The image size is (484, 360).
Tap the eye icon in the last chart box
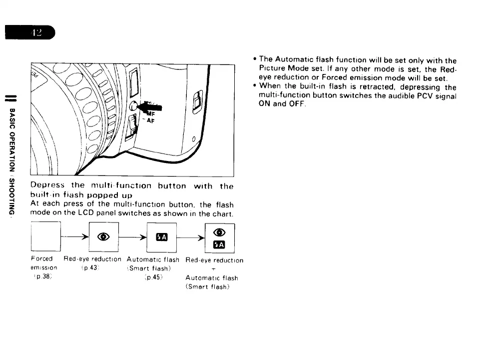[x=219, y=231]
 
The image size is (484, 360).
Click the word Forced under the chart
[x=41, y=259]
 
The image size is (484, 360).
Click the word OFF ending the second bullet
[x=297, y=104]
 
